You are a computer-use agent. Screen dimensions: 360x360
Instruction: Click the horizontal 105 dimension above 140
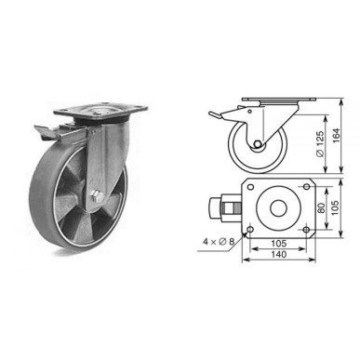coord(277,245)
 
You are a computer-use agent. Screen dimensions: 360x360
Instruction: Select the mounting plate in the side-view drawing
coord(279,100)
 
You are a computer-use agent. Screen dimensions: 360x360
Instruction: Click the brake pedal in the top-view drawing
coord(225,205)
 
